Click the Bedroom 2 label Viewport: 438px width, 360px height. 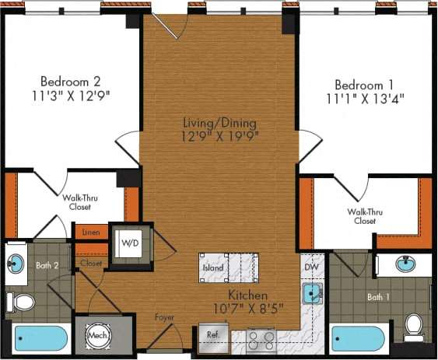click(x=70, y=81)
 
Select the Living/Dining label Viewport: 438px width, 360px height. click(x=220, y=123)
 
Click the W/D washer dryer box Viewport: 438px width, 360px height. click(x=129, y=243)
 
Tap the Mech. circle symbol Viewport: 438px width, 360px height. click(x=97, y=336)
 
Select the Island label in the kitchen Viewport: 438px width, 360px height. click(x=213, y=268)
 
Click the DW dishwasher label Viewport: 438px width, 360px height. click(x=311, y=267)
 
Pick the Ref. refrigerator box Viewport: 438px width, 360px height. click(x=213, y=336)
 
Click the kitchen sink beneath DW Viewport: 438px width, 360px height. click(x=311, y=294)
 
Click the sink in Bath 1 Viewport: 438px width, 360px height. click(x=404, y=264)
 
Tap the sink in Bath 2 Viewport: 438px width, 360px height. click(x=15, y=263)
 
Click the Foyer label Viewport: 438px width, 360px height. click(x=164, y=317)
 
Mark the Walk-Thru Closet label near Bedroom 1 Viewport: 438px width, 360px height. click(x=362, y=216)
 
